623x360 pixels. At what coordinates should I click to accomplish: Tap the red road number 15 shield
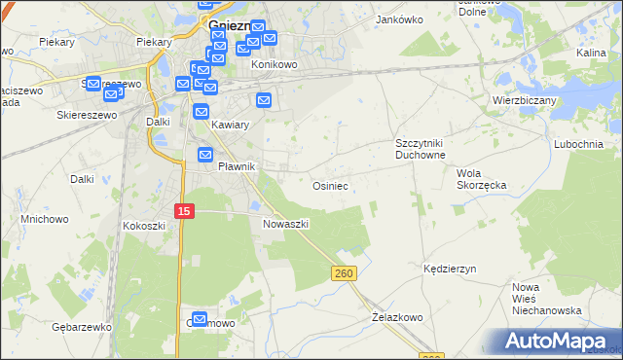click(185, 211)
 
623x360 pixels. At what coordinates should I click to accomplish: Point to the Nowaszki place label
click(285, 224)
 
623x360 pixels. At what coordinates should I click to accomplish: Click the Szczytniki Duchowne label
click(420, 149)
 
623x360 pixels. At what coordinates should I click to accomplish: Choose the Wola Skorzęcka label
click(481, 178)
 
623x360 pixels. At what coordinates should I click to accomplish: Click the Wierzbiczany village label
click(523, 99)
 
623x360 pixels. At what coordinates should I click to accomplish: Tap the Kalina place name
click(591, 53)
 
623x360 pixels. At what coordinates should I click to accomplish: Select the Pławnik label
click(236, 166)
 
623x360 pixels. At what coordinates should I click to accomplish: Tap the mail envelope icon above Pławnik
click(205, 155)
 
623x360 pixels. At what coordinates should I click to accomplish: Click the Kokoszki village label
click(145, 225)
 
